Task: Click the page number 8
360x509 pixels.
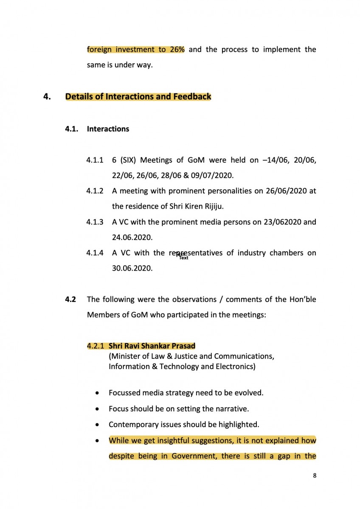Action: (x=315, y=475)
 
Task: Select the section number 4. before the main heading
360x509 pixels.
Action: (x=47, y=97)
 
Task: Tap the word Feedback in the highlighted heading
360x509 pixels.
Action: (x=192, y=97)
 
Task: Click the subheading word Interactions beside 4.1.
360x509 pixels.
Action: (x=108, y=129)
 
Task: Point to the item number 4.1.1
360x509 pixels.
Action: (x=95, y=160)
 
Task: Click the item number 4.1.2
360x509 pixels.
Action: (x=95, y=191)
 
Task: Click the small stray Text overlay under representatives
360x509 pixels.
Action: (x=184, y=258)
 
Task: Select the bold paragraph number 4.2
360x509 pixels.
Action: (x=70, y=299)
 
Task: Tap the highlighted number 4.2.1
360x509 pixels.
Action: (x=95, y=346)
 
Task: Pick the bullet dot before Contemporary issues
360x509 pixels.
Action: (x=98, y=425)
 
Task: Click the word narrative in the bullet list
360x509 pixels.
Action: (x=233, y=409)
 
